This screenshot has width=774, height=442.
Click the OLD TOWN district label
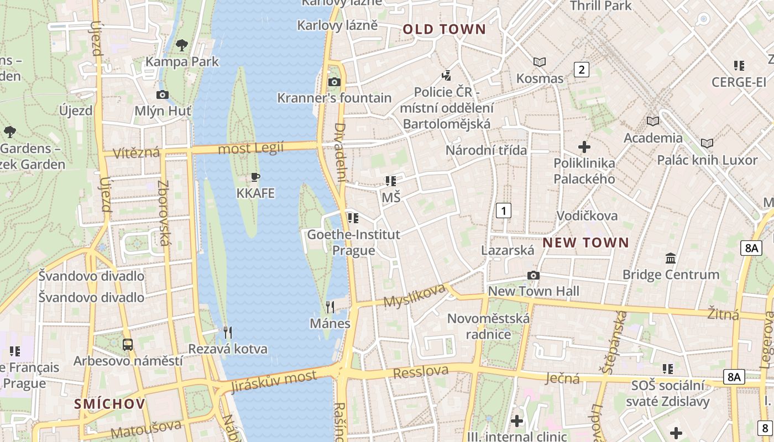coord(444,29)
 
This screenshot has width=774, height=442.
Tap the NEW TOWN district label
coord(585,243)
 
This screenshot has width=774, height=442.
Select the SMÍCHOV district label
coord(110,404)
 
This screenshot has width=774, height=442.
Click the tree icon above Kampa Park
coord(181,45)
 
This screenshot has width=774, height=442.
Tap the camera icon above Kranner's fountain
coord(334,82)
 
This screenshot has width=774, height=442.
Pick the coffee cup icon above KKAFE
coord(255,177)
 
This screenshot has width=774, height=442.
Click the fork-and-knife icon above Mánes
coord(330,307)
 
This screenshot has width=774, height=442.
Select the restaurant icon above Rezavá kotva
coord(227,332)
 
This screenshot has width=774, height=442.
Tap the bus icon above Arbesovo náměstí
coord(128,345)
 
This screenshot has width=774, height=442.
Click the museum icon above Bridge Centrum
coord(671,258)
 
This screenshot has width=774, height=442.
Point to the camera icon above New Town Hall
coord(534,275)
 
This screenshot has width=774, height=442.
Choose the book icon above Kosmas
coord(540,62)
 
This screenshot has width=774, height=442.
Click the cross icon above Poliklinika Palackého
coord(584,147)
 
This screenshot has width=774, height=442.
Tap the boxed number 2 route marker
coord(581,70)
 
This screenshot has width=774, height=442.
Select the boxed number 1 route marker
coord(503,211)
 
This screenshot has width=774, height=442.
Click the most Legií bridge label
coord(250,148)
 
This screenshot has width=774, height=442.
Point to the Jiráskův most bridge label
coord(274,381)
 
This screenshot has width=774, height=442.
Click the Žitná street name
coord(723,314)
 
